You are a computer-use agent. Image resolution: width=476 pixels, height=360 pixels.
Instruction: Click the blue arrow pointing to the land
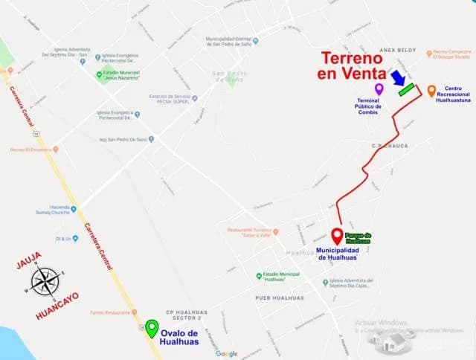click(398, 79)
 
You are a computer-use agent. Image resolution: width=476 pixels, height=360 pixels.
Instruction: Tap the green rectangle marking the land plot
click(406, 90)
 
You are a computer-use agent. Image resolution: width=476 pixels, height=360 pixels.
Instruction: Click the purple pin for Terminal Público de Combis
click(379, 89)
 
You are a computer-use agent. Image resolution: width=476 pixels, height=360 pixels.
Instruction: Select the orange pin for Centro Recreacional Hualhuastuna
click(431, 91)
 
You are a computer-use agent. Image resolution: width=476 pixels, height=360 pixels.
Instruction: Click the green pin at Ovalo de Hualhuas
click(152, 328)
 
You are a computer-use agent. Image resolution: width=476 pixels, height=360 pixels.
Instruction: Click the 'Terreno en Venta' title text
click(354, 65)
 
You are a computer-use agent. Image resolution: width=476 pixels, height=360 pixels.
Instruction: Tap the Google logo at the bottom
click(227, 353)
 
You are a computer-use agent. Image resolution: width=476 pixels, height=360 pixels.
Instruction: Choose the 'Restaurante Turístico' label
click(246, 232)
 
